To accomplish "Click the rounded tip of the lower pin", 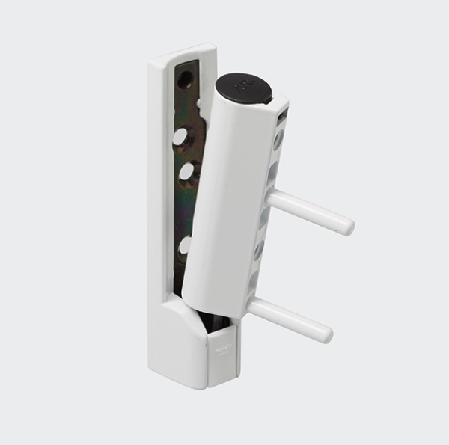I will [326, 334].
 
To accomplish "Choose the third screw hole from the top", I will [186, 173].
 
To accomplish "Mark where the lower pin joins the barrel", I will [253, 307].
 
